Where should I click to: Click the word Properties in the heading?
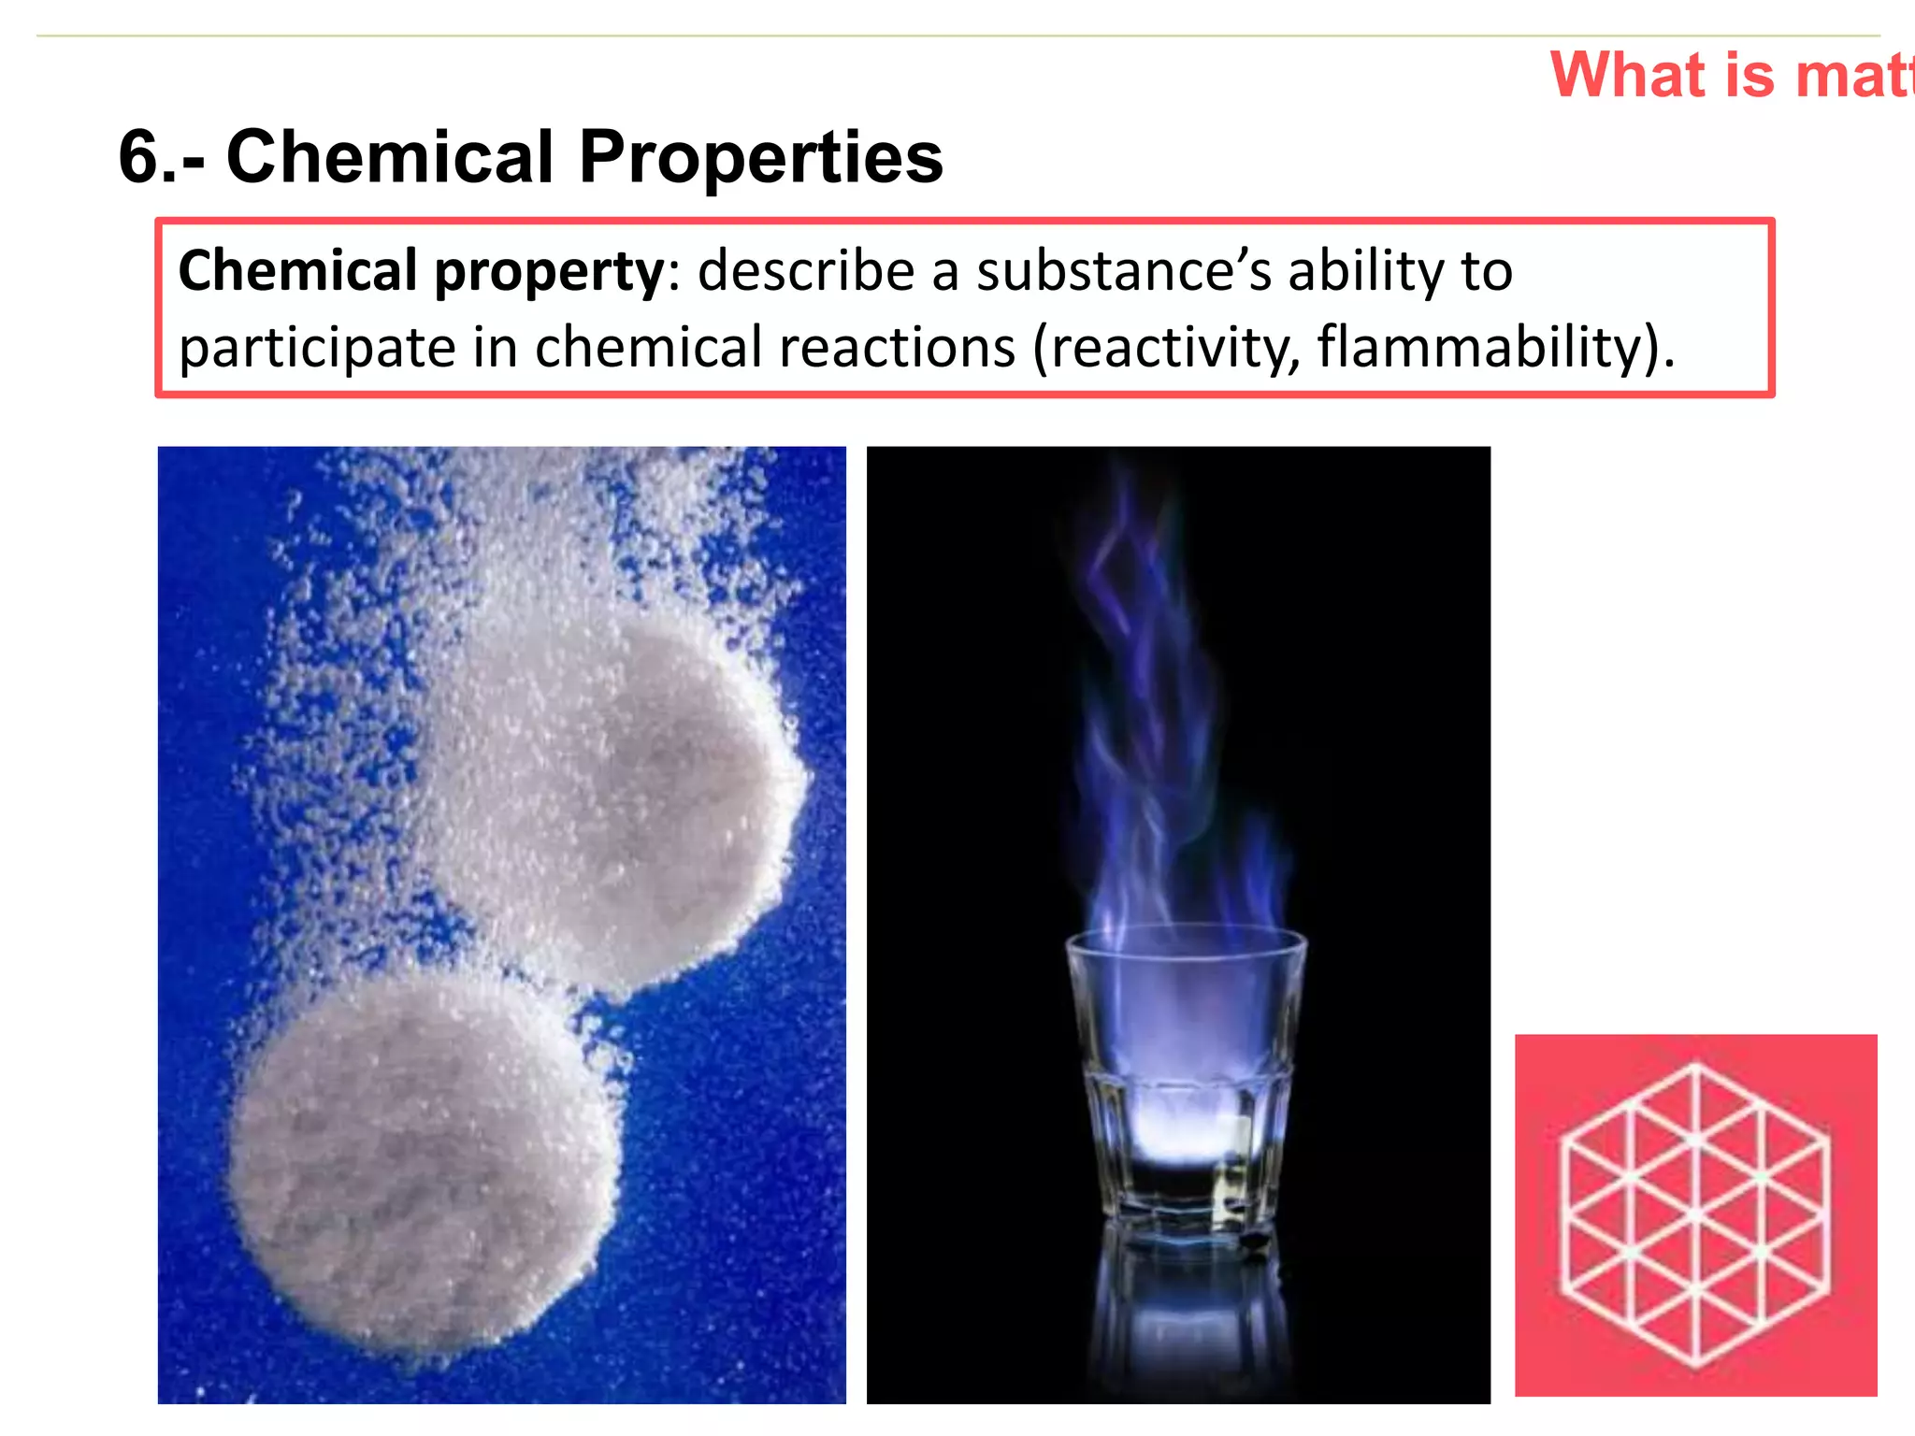[761, 157]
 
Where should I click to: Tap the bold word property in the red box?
[550, 272]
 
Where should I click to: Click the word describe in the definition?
[806, 272]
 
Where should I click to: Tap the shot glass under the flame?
[1186, 1075]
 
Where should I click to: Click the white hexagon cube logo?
[1695, 1215]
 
